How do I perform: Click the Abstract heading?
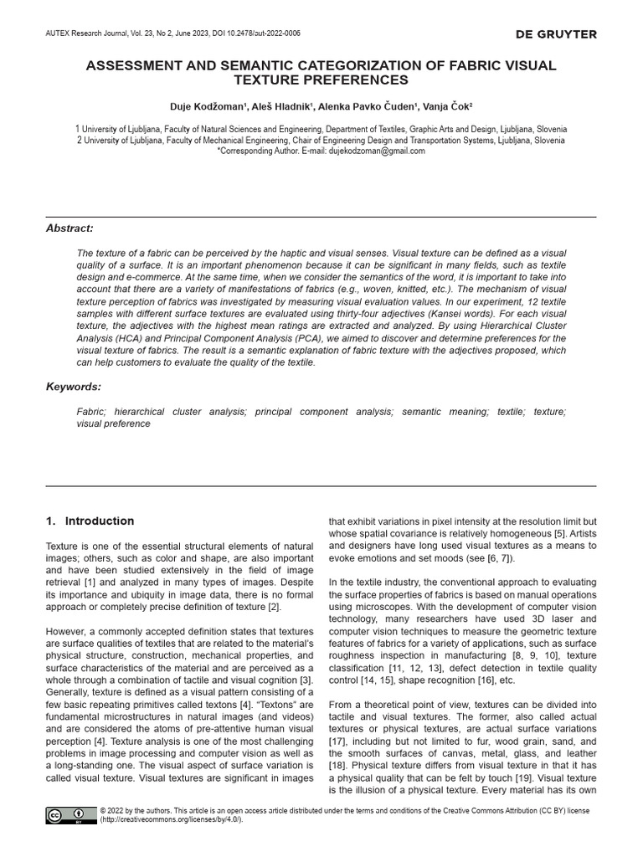pos(69,228)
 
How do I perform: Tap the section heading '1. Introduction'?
pos(90,521)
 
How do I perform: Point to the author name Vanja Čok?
pos(447,107)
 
